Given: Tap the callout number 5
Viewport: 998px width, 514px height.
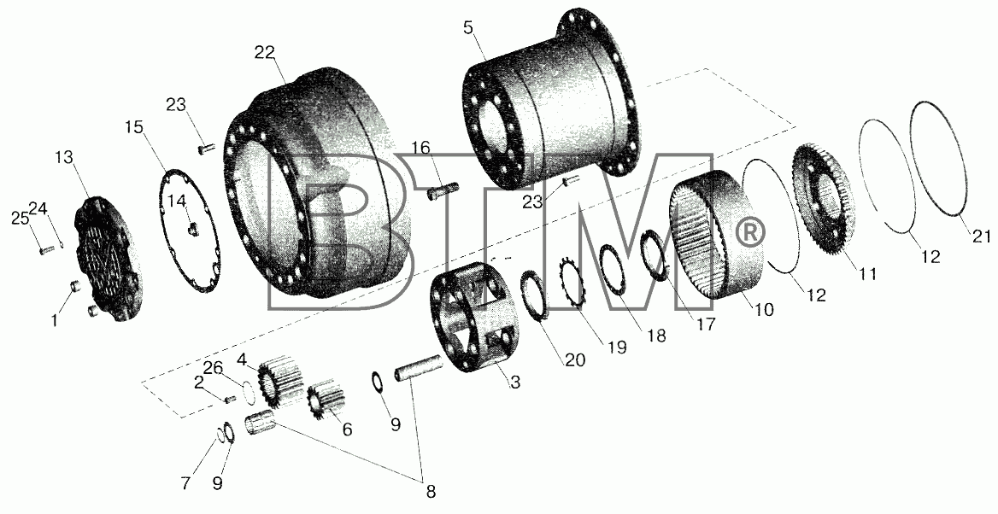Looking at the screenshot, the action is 468,28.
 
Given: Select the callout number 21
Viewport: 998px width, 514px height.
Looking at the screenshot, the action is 981,237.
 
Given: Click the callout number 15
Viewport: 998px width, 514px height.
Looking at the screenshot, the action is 134,127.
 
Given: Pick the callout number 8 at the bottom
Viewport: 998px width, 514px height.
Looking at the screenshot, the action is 431,491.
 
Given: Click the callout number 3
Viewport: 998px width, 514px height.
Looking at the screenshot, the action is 515,383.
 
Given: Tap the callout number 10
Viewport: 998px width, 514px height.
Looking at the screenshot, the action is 764,310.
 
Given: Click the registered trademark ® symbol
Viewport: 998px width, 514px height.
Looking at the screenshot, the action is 749,233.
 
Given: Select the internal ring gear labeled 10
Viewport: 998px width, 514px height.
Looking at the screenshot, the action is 716,236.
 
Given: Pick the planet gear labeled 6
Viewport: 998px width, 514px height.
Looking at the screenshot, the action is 326,403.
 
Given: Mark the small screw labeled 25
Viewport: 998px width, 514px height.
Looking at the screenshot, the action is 44,250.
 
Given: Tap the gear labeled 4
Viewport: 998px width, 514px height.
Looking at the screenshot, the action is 277,383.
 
